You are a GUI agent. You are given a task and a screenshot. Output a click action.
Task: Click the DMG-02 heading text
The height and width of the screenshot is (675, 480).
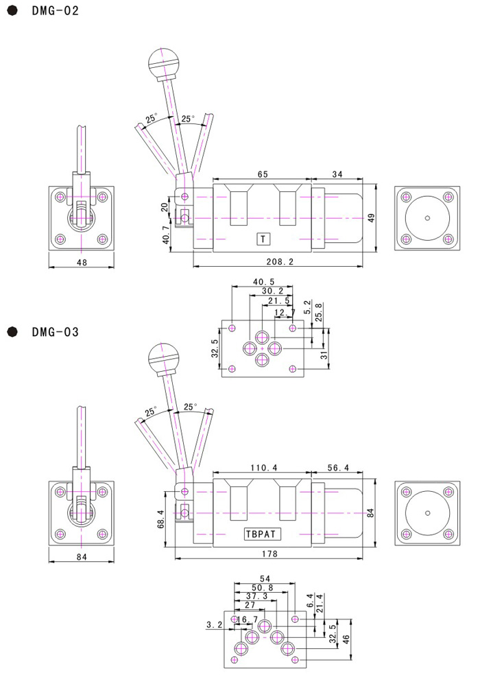[55, 11]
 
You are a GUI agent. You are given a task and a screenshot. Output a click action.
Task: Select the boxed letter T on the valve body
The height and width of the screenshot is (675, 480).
[262, 239]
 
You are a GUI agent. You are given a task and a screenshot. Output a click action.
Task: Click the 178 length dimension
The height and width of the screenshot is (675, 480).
[274, 554]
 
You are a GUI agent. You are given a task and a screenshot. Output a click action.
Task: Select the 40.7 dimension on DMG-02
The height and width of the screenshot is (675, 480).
[164, 235]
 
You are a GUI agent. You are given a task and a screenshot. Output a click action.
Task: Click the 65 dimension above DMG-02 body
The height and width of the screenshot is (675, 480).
[262, 175]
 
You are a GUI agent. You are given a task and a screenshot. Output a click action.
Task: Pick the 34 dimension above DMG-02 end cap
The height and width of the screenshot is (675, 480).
[337, 175]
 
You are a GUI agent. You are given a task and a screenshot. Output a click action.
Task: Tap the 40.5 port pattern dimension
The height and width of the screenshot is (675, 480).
[263, 281]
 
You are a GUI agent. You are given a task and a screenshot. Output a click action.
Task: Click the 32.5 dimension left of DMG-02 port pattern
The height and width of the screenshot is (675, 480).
[215, 350]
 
